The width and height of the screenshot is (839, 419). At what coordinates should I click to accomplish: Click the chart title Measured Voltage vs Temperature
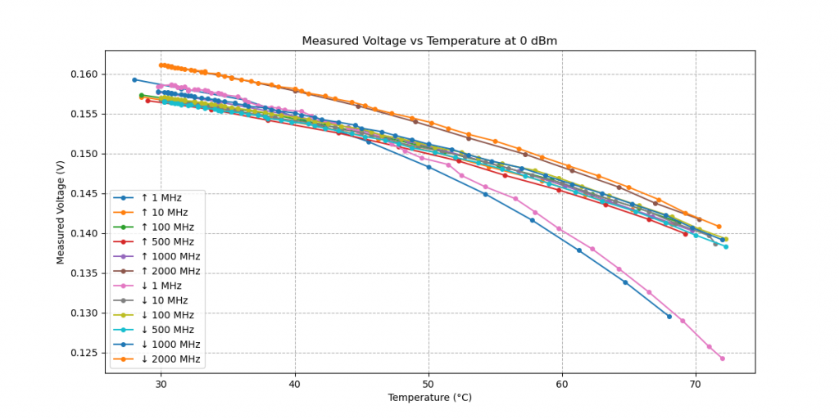pos(430,41)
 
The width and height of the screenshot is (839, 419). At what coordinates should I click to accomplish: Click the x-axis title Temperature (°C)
pos(430,398)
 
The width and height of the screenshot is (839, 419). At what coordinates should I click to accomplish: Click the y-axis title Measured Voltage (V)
pos(61,212)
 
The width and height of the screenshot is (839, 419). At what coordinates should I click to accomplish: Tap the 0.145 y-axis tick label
pos(84,194)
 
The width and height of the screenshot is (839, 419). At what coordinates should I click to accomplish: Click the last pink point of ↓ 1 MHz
pos(722,358)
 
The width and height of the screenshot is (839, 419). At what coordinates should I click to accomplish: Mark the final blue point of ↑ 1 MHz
pos(669,317)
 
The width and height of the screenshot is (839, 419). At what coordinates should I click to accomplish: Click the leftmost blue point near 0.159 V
pos(134,79)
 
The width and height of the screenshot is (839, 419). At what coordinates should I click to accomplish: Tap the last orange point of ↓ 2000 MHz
pos(719,227)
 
